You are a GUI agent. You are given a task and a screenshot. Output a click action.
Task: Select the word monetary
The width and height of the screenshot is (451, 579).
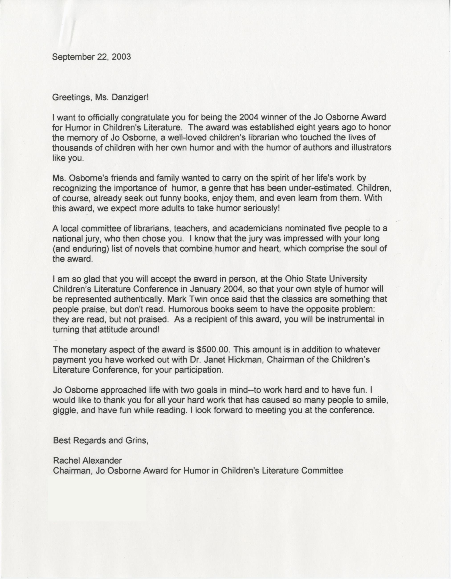(x=89, y=350)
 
